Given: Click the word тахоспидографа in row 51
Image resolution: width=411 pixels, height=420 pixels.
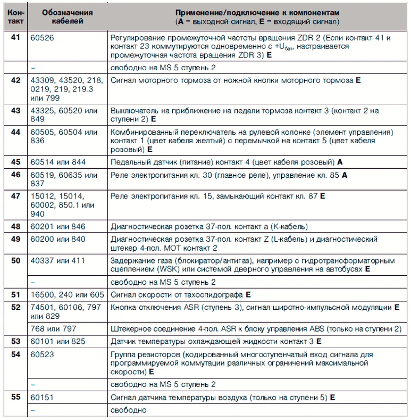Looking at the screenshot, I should pyautogui.click(x=216, y=294).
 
